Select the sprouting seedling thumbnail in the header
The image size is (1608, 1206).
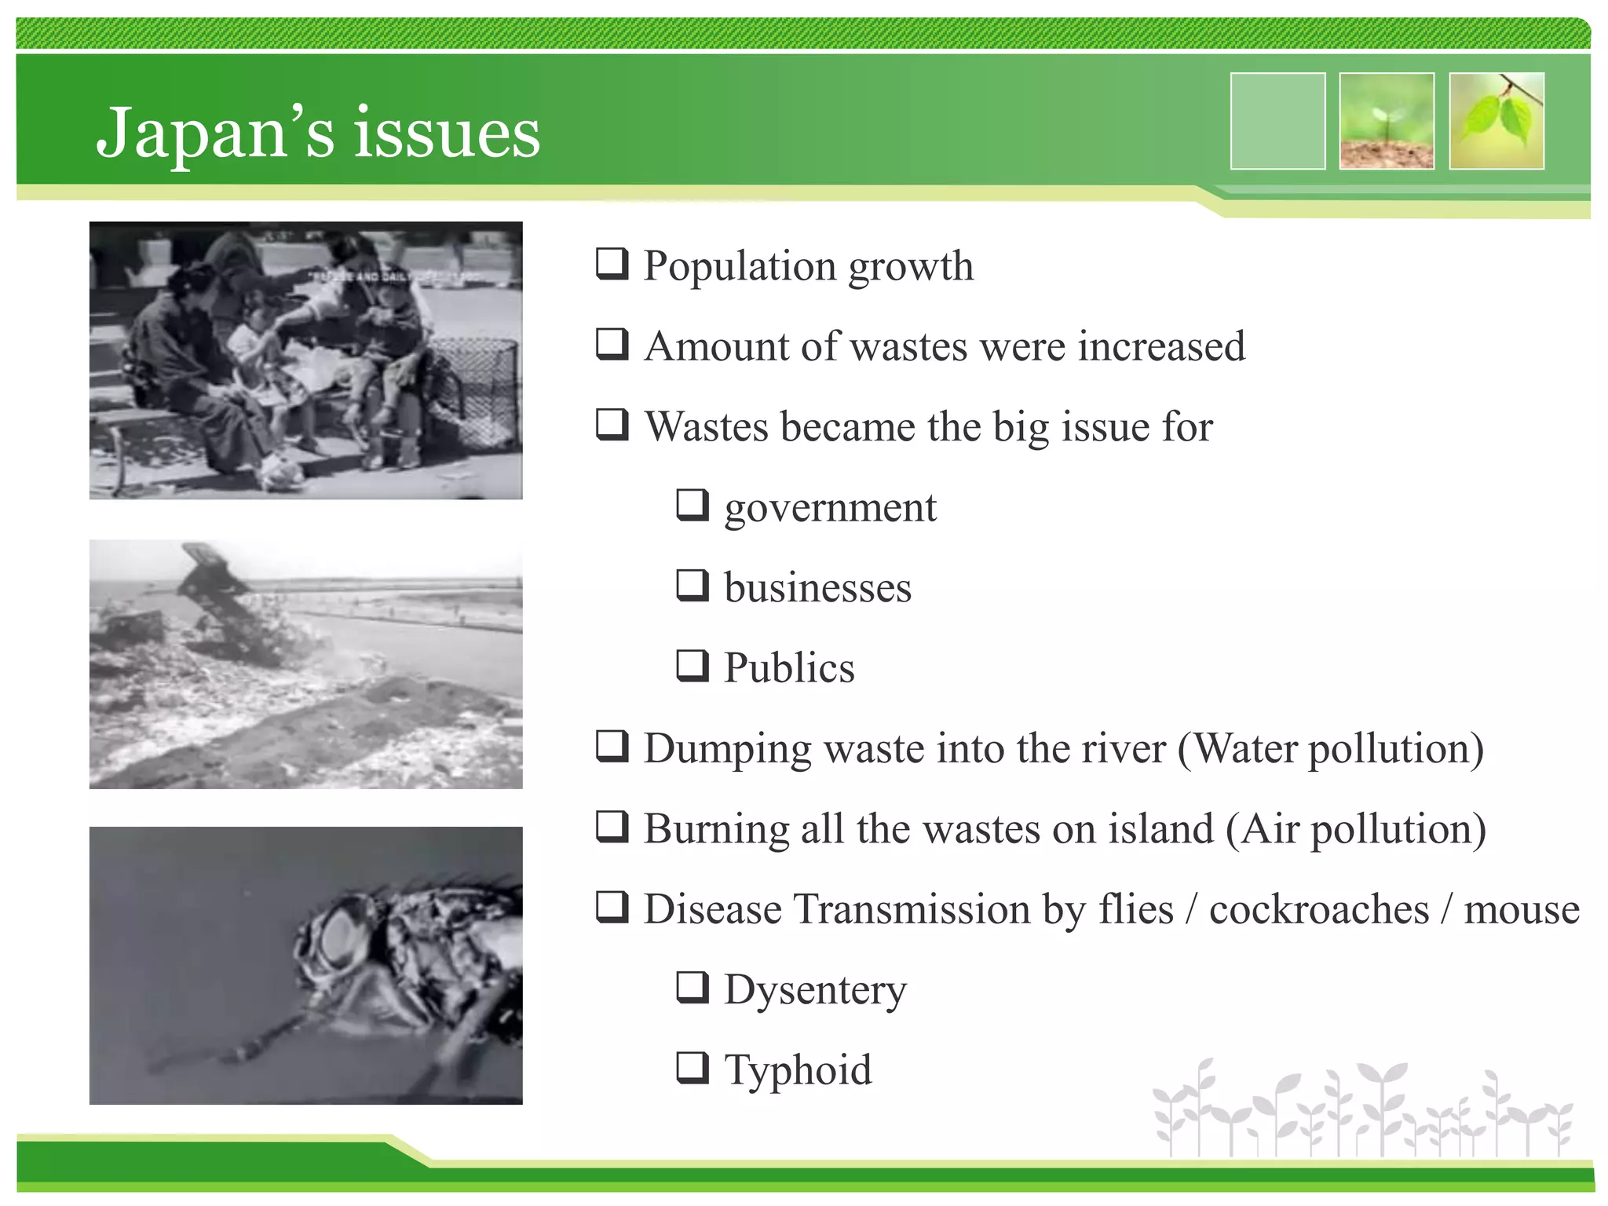click(1387, 121)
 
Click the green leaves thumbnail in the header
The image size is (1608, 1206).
click(1497, 121)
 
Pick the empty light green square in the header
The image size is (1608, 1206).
click(1277, 121)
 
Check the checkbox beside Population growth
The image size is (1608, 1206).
click(612, 264)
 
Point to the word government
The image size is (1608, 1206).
click(830, 508)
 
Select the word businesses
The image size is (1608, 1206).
click(817, 588)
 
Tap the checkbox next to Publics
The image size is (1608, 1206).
click(693, 666)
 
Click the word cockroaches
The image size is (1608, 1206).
click(1319, 909)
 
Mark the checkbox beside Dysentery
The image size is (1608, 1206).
click(693, 988)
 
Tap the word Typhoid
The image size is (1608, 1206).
click(798, 1070)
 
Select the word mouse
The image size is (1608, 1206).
click(1522, 909)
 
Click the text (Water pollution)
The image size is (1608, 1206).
click(1331, 748)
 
